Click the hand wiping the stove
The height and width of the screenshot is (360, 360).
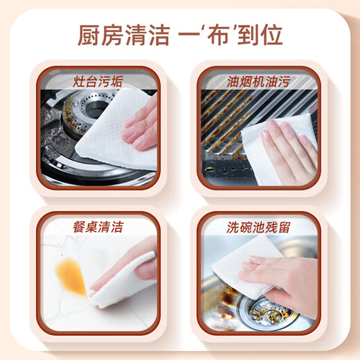[x=142, y=125]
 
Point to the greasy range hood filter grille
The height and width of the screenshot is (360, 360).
[x=228, y=121]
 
